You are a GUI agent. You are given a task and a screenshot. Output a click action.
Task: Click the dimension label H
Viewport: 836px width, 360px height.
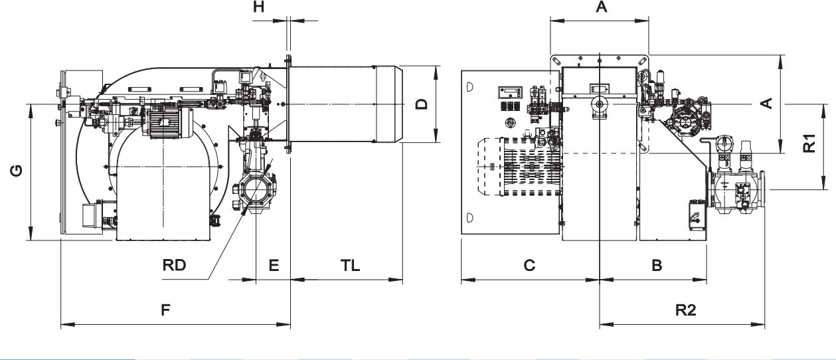click(259, 7)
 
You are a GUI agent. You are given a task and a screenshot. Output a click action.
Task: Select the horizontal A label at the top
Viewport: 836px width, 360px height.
click(601, 7)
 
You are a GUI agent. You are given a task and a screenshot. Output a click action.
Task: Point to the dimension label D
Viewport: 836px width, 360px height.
click(422, 104)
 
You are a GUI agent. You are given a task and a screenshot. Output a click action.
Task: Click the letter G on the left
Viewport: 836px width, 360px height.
click(17, 171)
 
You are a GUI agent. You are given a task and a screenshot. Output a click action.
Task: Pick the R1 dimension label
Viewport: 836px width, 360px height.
click(809, 143)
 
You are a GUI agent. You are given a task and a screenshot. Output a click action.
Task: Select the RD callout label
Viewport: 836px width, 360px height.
click(174, 265)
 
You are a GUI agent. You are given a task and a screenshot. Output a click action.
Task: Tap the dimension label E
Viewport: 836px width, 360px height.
click(274, 265)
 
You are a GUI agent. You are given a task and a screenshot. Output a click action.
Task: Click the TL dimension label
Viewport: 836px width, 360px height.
click(350, 265)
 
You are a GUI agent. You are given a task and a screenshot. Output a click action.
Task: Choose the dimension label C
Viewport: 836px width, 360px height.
click(529, 265)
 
